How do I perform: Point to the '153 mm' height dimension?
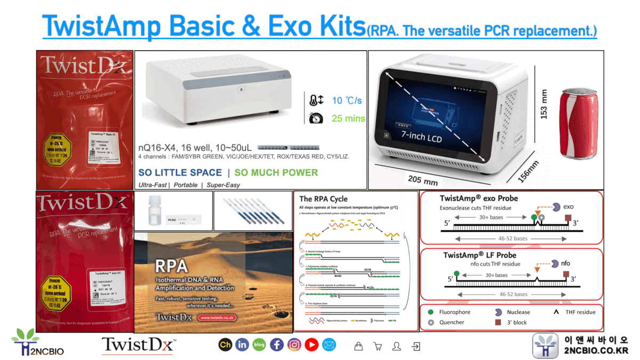544,103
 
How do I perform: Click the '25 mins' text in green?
348,118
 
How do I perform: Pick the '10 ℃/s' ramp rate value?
347,100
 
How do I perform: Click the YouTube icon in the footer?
311,345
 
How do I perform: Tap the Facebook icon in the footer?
277,345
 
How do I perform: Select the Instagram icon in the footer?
294,345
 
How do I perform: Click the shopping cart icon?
378,347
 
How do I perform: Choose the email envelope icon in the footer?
329,345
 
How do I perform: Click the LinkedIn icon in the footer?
242,345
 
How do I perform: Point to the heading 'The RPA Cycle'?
323,199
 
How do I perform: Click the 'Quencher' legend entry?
451,322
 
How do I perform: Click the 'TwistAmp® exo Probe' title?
478,198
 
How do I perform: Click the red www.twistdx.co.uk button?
217,318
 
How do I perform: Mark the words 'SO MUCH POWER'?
276,172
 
